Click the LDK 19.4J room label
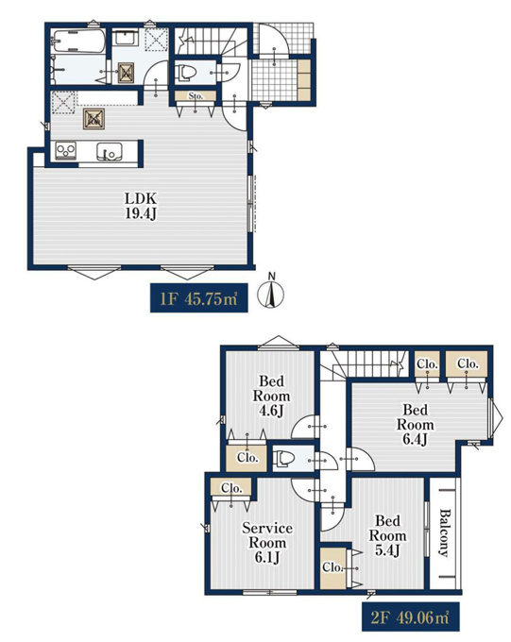click(x=141, y=206)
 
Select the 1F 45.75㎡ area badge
click(x=198, y=298)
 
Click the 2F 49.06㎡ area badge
click(x=410, y=617)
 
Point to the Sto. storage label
click(x=196, y=96)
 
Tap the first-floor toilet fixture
click(x=186, y=73)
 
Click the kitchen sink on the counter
click(x=110, y=152)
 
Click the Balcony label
click(x=444, y=532)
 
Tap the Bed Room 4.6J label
click(x=271, y=396)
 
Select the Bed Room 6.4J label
click(x=415, y=424)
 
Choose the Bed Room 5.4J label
click(x=387, y=535)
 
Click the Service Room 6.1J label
click(x=267, y=543)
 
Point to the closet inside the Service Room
click(x=231, y=488)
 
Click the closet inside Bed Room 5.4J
click(x=333, y=567)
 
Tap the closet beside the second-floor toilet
click(x=247, y=458)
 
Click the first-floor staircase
click(x=211, y=41)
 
